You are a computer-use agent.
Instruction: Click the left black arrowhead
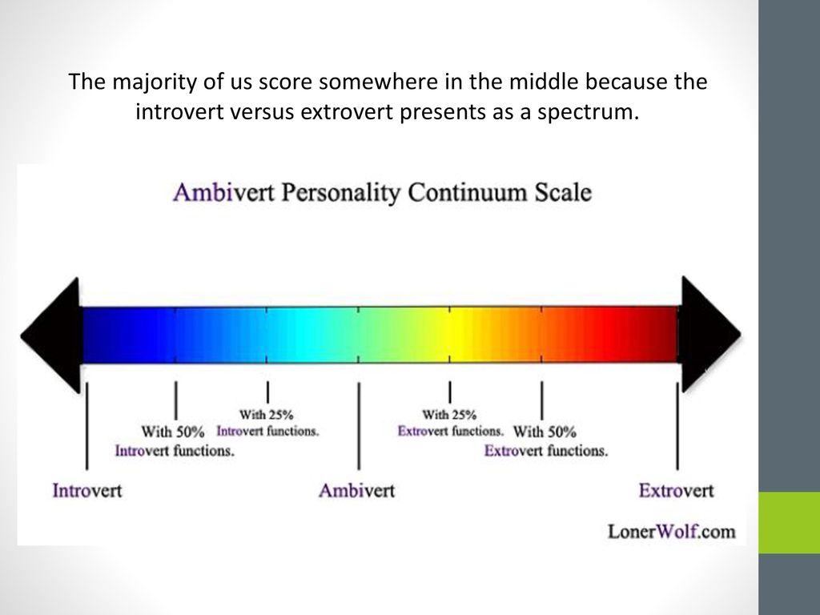(55, 336)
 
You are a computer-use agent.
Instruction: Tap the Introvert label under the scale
(86, 491)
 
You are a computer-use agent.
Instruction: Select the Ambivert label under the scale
(356, 491)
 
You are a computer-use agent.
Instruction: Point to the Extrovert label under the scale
(676, 491)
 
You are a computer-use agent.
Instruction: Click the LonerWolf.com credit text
(672, 532)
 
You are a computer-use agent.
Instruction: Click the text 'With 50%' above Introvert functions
(173, 432)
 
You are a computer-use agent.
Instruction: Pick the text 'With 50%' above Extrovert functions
(545, 432)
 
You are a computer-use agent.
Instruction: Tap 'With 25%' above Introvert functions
(266, 415)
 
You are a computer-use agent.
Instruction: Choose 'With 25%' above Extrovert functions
(449, 415)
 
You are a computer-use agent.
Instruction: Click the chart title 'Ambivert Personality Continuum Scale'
(382, 193)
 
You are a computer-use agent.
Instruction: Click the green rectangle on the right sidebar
(789, 522)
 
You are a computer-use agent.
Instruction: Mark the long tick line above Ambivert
(359, 425)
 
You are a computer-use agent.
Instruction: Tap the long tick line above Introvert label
(86, 425)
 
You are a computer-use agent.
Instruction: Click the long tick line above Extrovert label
(677, 425)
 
